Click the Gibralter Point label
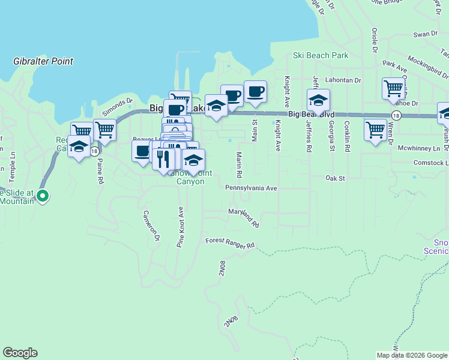tap(43, 61)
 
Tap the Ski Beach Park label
tap(321, 56)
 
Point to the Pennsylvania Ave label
tap(251, 188)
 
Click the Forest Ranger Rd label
tap(230, 243)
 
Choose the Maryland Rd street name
tap(243, 217)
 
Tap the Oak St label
tap(336, 178)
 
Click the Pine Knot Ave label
tap(179, 227)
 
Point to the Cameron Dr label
tap(151, 226)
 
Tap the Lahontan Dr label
tap(343, 80)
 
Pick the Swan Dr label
tap(426, 34)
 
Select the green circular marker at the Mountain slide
tap(43, 196)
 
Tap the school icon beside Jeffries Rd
tap(319, 100)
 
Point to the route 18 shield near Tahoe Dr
tap(396, 115)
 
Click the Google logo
tap(20, 353)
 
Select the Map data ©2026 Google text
tap(411, 355)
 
